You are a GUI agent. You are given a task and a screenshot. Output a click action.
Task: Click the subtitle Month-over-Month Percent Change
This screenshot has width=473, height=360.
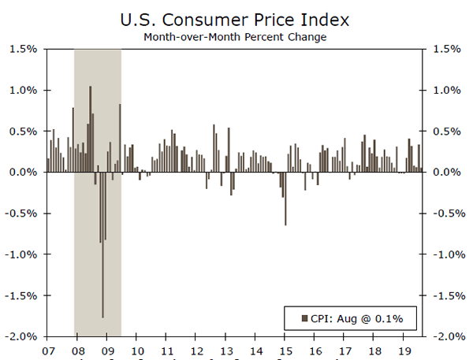coord(236,36)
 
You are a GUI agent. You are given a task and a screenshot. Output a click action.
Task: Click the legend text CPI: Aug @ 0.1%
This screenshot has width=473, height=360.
coord(356,318)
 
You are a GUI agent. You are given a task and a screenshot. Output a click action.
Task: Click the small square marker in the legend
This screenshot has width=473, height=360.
coord(304,318)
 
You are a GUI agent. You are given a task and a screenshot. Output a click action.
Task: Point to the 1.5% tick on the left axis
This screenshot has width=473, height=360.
coord(24,49)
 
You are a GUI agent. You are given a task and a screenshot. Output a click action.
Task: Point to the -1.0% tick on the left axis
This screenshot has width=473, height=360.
coord(21,254)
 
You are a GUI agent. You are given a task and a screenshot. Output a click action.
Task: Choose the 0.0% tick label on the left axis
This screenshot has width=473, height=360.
coord(24,173)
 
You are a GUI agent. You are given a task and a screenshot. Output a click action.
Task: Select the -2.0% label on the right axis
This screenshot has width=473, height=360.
coord(444,336)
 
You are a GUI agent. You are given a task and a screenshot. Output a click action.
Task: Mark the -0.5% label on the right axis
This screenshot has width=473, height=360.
coord(444,213)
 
